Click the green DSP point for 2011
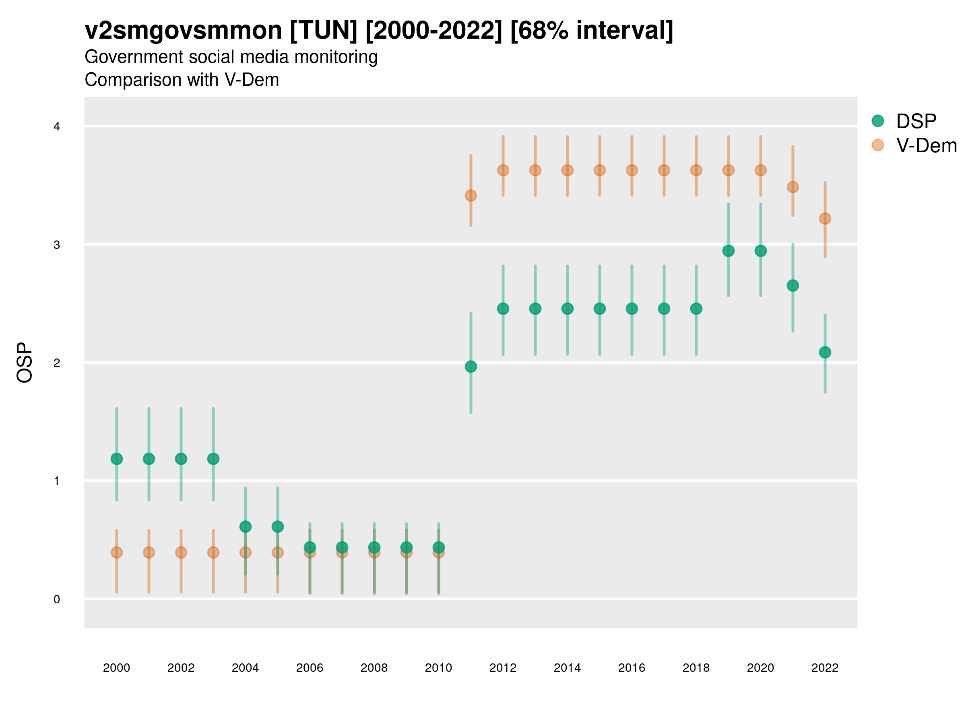471,367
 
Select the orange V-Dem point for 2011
471,195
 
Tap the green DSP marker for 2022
825,352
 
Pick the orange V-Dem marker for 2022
825,218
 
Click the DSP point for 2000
117,459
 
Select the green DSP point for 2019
729,251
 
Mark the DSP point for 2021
793,285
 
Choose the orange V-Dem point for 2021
793,187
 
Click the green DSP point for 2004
246,526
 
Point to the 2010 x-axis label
438,668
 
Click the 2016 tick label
632,668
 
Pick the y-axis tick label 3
57,245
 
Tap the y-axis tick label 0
57,599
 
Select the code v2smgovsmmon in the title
184,30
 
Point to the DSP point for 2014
567,309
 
